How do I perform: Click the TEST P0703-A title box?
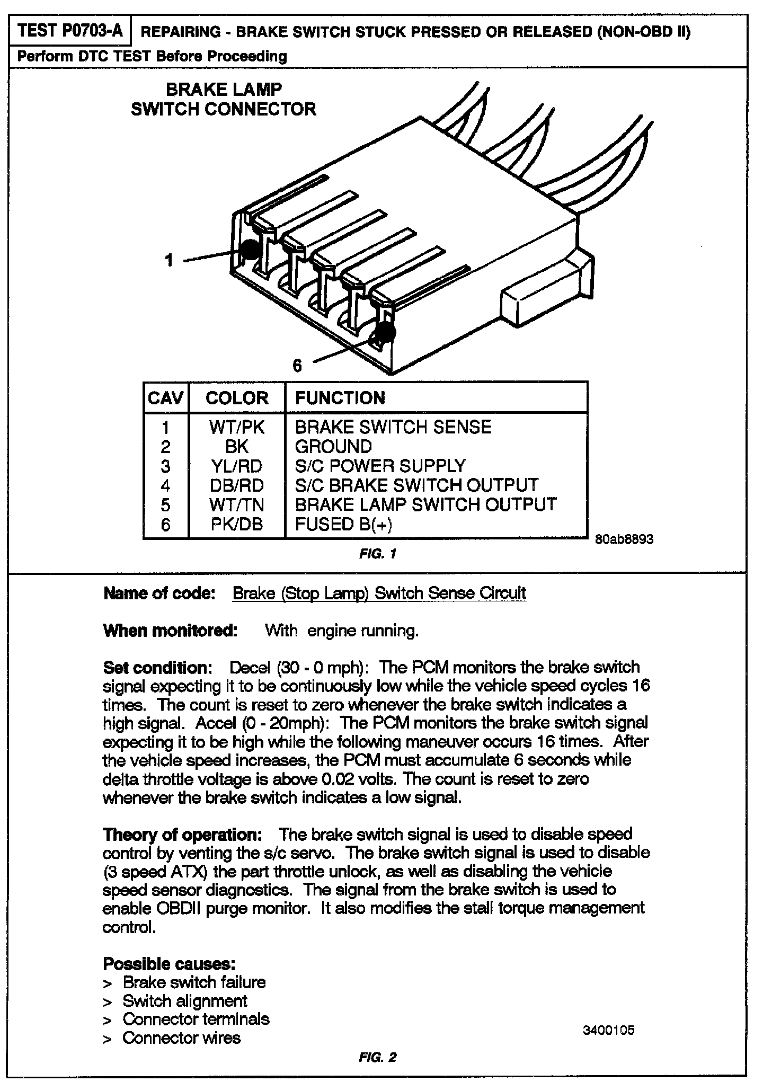coord(70,31)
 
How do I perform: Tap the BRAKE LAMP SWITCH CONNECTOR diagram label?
coord(224,99)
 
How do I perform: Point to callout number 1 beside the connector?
coord(169,260)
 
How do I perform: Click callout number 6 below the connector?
coord(297,366)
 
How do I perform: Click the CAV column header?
coord(166,398)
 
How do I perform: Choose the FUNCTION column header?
coord(340,398)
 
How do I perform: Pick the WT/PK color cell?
coord(236,427)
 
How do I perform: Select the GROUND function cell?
coord(333,446)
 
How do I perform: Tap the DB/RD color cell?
coord(236,485)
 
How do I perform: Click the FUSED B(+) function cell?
coord(344,524)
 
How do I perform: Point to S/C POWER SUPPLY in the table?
coord(380,466)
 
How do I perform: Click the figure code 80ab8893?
coord(624,539)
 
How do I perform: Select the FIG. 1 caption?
coord(377,554)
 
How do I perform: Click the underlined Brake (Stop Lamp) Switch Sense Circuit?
coord(379,593)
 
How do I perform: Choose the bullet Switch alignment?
coord(185,1001)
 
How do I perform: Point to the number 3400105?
coord(608,1031)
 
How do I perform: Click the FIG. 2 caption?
coord(377,1058)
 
